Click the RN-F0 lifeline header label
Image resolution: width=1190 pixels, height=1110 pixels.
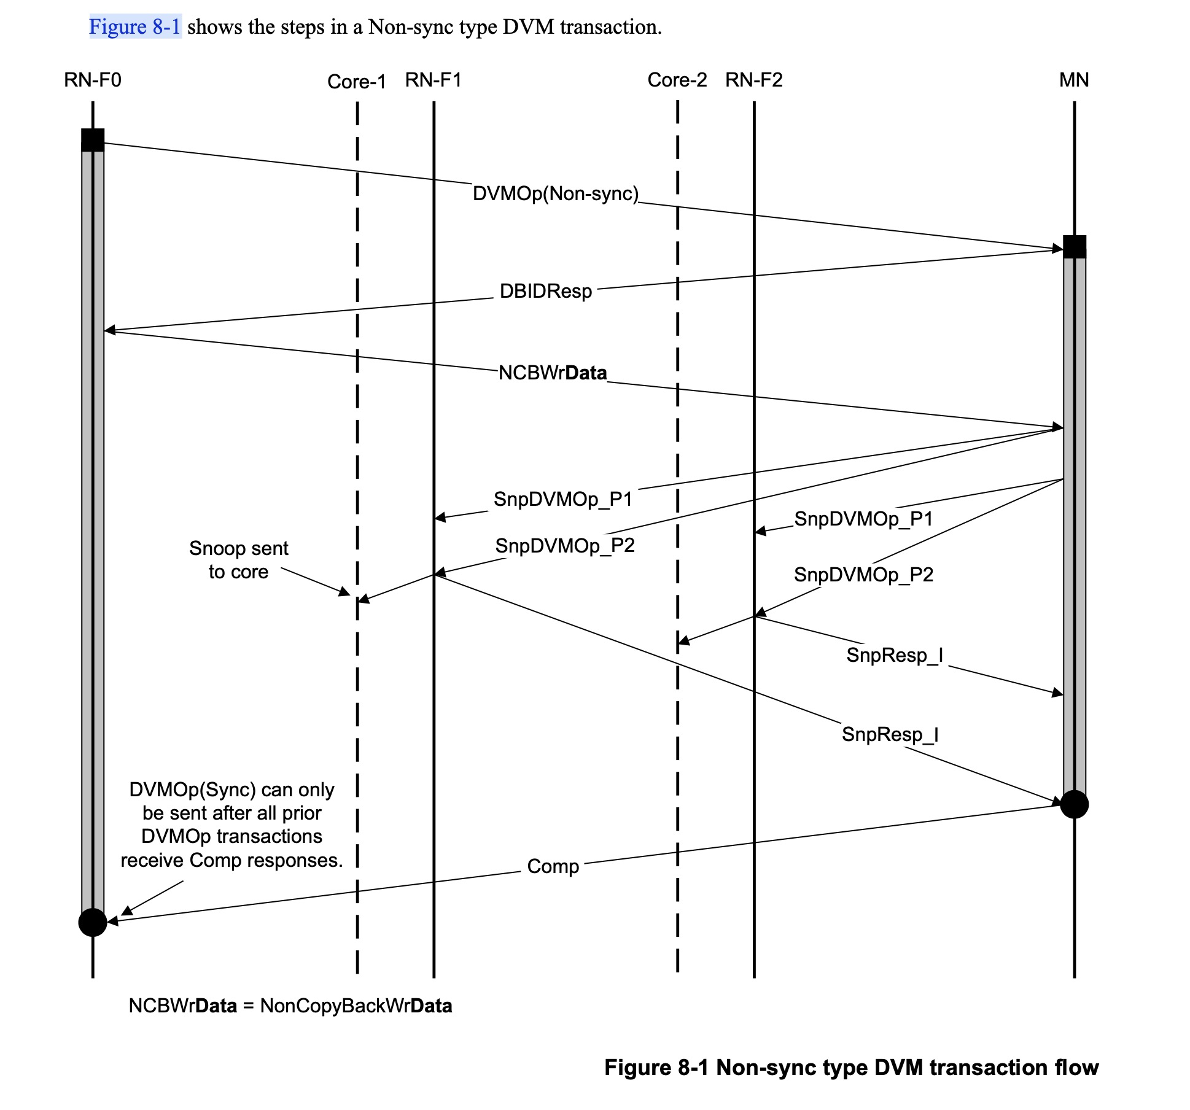point(93,80)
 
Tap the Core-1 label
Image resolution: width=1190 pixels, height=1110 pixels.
point(356,82)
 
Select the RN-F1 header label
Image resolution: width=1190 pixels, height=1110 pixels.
point(434,80)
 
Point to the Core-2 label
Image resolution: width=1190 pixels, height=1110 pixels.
point(677,80)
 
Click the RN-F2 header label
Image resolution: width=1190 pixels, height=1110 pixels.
point(754,80)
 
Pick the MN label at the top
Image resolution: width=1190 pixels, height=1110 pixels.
point(1074,80)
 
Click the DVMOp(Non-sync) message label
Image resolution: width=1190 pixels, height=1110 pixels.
point(556,194)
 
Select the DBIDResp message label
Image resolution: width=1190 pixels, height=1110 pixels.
point(546,291)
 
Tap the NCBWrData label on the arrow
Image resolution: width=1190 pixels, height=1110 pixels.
point(553,373)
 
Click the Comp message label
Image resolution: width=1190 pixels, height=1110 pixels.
point(553,866)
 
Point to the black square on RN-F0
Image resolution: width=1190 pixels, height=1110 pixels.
point(93,140)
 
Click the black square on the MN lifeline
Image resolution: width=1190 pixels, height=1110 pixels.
point(1075,247)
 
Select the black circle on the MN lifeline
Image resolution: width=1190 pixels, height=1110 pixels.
point(1075,804)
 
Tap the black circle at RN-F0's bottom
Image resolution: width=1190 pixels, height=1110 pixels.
point(93,922)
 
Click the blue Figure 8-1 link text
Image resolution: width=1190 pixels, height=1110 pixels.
point(135,27)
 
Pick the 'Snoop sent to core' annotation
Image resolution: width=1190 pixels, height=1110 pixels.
point(238,560)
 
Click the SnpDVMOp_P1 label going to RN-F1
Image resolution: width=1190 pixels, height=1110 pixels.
point(563,499)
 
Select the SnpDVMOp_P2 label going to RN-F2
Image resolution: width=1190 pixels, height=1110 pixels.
point(863,575)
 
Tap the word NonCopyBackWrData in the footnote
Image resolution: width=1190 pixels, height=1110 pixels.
point(356,1006)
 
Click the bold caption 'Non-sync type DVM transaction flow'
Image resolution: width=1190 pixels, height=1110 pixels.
point(907,1068)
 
